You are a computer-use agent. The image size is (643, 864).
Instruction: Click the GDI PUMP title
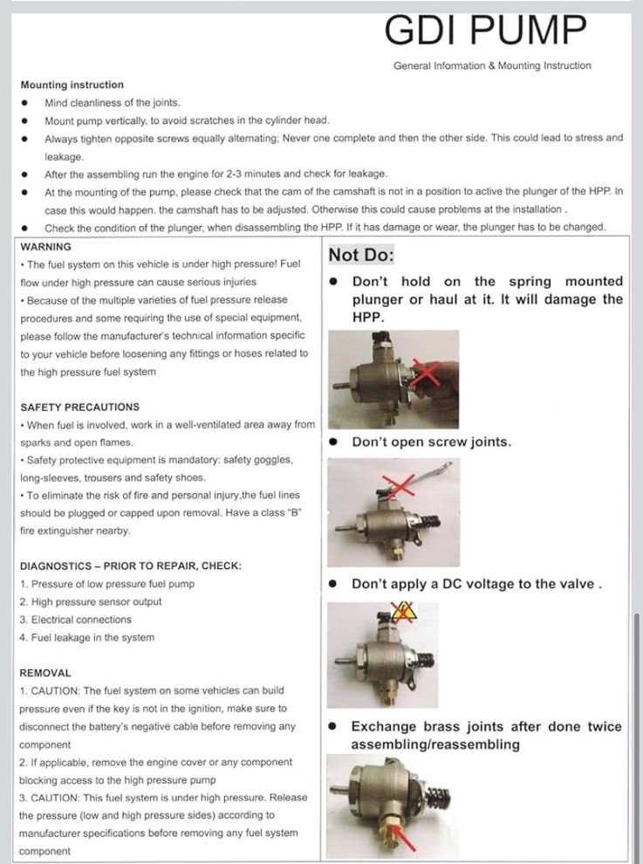(x=487, y=31)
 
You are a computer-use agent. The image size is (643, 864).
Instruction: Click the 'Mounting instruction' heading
(x=72, y=85)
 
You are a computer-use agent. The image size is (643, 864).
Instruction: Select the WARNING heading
(x=45, y=247)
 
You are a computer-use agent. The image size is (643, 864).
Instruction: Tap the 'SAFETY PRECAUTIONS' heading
(x=79, y=407)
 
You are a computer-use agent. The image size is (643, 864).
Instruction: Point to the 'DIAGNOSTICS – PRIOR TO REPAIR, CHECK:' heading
(x=130, y=566)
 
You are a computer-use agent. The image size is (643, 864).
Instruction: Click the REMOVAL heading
(x=45, y=673)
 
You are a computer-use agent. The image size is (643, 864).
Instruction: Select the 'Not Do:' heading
(x=361, y=256)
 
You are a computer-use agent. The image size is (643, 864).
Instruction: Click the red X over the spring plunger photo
(x=425, y=374)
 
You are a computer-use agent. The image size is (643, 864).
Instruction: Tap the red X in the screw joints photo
(x=399, y=486)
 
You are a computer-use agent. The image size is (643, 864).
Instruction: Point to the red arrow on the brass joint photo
(x=404, y=838)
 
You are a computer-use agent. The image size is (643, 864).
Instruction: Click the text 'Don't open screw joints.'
(x=431, y=442)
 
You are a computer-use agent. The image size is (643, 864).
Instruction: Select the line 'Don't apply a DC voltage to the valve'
(x=476, y=584)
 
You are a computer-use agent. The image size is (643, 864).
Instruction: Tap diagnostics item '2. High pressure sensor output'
(x=91, y=602)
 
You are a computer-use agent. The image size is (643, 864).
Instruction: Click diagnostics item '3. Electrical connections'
(x=75, y=620)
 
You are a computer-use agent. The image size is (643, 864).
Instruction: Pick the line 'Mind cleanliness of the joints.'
(x=112, y=102)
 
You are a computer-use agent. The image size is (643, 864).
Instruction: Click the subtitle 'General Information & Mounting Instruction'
(x=492, y=65)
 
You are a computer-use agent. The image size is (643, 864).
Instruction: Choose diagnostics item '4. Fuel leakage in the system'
(x=87, y=638)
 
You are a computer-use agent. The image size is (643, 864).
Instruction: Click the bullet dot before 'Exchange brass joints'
(x=333, y=726)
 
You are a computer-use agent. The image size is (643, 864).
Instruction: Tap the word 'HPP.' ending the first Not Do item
(x=369, y=318)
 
